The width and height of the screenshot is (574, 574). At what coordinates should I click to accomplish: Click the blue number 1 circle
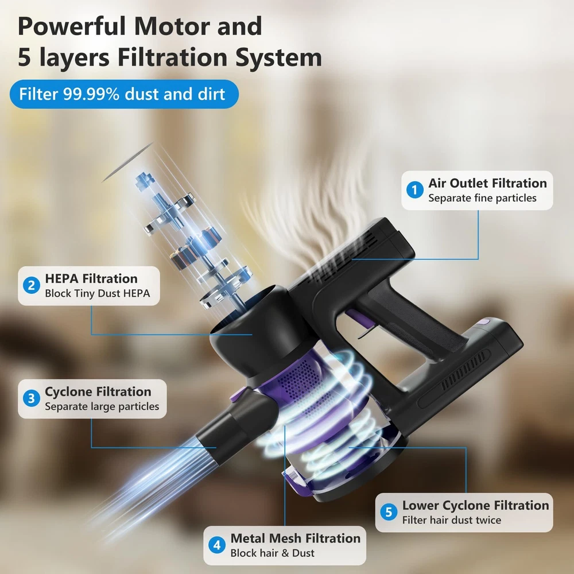pos(415,190)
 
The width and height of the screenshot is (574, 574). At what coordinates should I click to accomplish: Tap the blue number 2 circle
pos(32,285)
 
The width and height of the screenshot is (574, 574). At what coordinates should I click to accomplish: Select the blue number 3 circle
pos(32,398)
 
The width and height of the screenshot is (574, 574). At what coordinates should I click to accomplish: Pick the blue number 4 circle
pos(217,545)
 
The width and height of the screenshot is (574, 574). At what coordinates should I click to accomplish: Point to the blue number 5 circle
pos(389,512)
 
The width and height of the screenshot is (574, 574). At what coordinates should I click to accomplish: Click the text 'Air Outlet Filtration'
pos(487,183)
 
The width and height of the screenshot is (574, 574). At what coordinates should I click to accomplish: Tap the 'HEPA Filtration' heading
pos(91,278)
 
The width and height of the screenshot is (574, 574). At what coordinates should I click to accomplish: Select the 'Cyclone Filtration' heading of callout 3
pos(98,391)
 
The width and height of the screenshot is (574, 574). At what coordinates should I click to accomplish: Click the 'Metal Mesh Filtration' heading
pos(296,538)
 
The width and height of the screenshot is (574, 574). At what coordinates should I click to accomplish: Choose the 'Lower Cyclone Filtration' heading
pos(475,506)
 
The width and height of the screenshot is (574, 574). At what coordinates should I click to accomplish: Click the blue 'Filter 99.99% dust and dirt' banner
pos(124,94)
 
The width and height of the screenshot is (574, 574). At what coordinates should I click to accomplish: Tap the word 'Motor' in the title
pos(172,26)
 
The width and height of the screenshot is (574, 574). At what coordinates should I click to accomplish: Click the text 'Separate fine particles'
pos(482,198)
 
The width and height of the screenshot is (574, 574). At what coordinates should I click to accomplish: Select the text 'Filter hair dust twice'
pos(452,520)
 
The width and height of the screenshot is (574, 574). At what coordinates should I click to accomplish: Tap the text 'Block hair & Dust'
pos(272,553)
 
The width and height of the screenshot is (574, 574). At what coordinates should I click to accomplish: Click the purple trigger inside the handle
pos(359,317)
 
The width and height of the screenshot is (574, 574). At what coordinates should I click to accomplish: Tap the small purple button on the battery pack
pos(484,322)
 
